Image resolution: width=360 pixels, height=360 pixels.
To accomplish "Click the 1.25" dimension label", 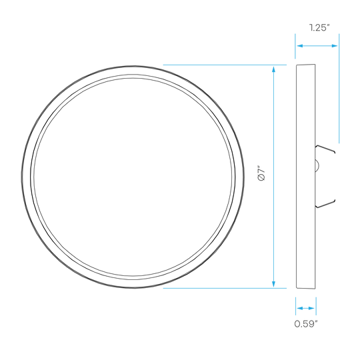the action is (x=319, y=28).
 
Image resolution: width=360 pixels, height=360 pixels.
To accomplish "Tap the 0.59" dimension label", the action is (x=306, y=324).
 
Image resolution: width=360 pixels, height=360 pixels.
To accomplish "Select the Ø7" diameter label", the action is (x=262, y=173).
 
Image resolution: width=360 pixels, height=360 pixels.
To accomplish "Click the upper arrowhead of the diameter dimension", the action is (x=273, y=69).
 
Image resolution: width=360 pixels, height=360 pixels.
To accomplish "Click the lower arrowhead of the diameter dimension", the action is (x=273, y=284).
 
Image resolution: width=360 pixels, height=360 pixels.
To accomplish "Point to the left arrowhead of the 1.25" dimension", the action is (x=300, y=46).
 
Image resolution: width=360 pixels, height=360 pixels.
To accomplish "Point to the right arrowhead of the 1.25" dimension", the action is (x=335, y=46).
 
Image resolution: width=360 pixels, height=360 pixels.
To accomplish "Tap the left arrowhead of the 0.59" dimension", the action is (x=300, y=308).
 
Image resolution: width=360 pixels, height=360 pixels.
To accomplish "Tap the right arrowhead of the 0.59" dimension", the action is (x=311, y=308).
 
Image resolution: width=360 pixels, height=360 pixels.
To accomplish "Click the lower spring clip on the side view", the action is (x=325, y=203).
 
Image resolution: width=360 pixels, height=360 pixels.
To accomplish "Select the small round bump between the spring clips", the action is (x=317, y=165).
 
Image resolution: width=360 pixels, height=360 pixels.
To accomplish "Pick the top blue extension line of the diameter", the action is (x=225, y=65).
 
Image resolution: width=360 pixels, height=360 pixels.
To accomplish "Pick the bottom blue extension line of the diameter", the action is (x=225, y=288).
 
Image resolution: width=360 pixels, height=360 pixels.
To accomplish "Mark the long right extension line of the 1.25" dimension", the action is (x=339, y=89).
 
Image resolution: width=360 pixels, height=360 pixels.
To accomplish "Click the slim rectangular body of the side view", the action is (x=306, y=176).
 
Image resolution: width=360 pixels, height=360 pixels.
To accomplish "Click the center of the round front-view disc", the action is (x=133, y=177).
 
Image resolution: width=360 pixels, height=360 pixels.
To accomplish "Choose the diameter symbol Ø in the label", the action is (x=262, y=178).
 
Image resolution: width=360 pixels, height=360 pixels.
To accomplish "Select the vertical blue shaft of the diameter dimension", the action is (x=273, y=177).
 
